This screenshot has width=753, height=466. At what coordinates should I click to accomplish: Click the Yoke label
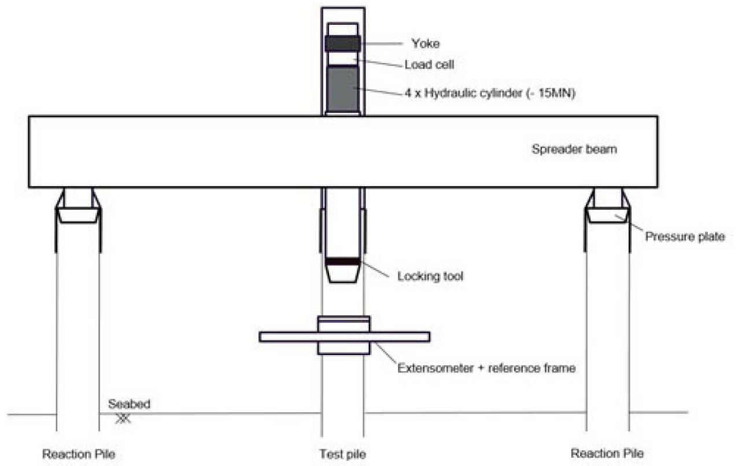tap(425, 43)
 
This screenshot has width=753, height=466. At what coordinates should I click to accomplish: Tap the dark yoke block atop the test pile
tap(342, 44)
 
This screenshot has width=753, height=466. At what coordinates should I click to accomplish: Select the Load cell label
tap(429, 65)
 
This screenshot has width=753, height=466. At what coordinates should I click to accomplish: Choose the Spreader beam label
tap(574, 149)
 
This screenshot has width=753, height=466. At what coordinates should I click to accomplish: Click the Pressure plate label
tap(685, 236)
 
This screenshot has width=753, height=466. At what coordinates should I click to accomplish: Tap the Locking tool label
tap(430, 276)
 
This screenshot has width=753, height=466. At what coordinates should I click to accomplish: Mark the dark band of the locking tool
tap(342, 262)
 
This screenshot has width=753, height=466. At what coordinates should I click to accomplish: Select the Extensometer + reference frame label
tap(486, 368)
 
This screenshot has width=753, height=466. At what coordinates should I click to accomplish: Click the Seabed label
tap(129, 404)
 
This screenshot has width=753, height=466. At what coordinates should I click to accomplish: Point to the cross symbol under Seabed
tap(123, 418)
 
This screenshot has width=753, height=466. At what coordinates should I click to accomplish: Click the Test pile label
tap(342, 453)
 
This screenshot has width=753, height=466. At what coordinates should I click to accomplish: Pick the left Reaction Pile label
tap(78, 453)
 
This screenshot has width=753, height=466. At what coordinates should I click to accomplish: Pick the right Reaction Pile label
tap(607, 453)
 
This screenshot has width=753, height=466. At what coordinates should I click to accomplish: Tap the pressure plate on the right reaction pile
tap(607, 216)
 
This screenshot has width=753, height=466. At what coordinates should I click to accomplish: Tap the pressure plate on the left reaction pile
tap(78, 216)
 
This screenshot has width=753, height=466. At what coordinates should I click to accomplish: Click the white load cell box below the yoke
tap(342, 58)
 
